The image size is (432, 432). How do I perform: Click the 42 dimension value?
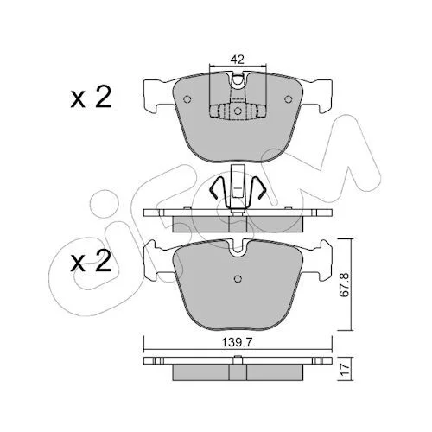pos(238,60)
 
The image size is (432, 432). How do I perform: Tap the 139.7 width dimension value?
pos(237,343)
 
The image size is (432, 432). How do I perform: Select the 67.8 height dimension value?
pos(345,284)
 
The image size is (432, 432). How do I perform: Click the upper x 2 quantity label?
pos(91,98)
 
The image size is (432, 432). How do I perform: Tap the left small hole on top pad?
pos(187,99)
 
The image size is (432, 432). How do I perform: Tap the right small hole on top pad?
pos(288,99)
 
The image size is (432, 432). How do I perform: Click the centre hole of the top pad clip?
pos(238,111)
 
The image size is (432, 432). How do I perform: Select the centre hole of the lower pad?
pos(238,279)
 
